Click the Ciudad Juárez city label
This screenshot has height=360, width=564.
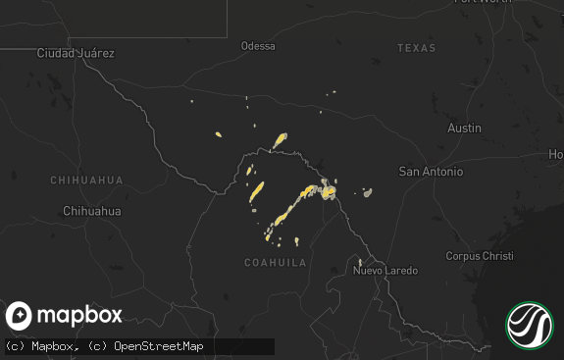click(75, 53)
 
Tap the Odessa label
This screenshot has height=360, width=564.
click(258, 46)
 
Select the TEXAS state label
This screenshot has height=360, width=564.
click(416, 48)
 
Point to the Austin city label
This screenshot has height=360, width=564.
click(464, 129)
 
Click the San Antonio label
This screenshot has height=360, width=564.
click(430, 172)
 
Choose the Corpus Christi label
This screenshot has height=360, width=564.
click(479, 256)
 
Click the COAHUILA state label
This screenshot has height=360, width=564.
click(275, 263)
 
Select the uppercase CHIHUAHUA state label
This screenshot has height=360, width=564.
click(87, 180)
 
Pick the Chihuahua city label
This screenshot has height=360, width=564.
click(91, 211)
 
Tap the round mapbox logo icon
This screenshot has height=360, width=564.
click(20, 316)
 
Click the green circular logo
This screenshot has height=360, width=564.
click(530, 326)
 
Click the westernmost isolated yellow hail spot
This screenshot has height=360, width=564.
click(218, 135)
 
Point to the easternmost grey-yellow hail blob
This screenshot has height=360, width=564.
click(367, 192)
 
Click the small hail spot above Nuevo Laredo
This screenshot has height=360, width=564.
click(360, 262)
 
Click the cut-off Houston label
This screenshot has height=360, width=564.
click(556, 155)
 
